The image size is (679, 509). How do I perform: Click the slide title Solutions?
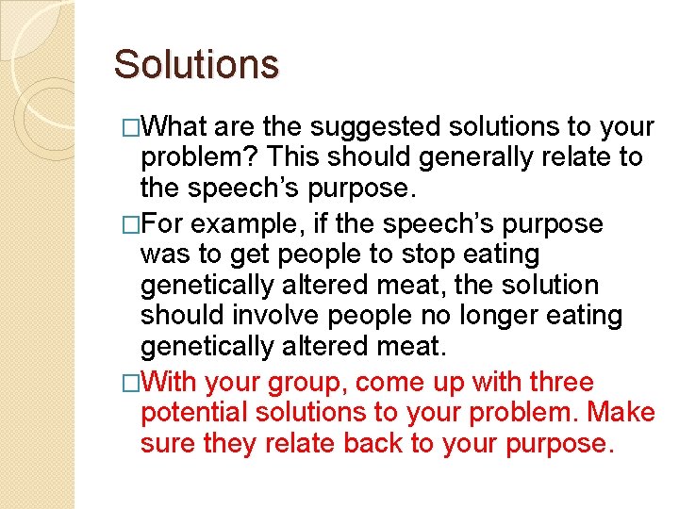pos(196,65)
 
